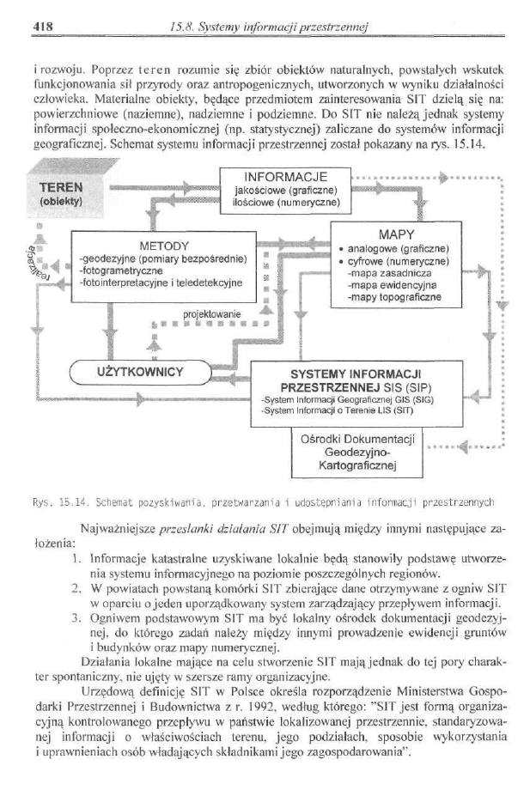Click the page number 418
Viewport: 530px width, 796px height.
click(x=42, y=26)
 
